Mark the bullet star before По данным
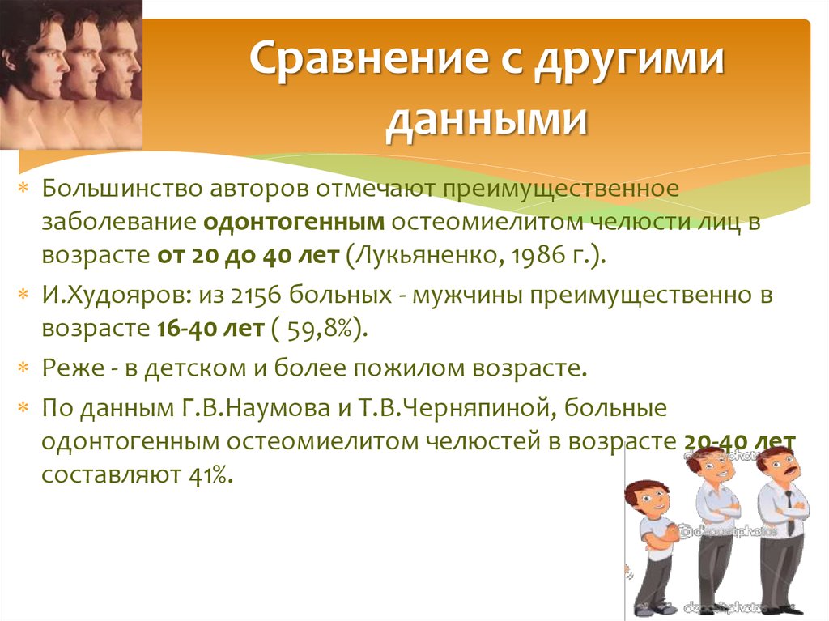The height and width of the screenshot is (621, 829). click(x=24, y=407)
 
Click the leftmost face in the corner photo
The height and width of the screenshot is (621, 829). click(x=31, y=57)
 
